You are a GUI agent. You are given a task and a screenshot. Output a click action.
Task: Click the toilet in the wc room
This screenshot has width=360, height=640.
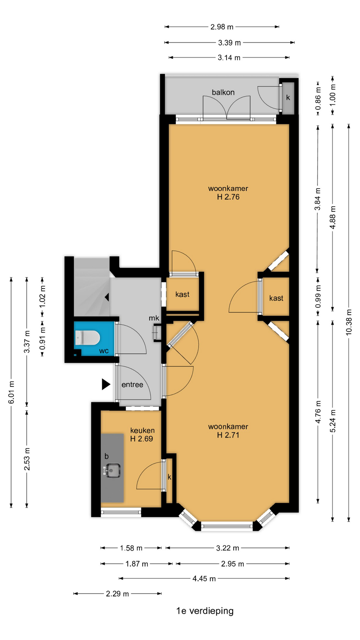[x=87, y=338]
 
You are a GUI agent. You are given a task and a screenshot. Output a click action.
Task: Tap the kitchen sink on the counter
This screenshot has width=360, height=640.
[x=112, y=471]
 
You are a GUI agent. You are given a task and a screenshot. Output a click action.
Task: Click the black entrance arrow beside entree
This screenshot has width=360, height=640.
[x=106, y=384]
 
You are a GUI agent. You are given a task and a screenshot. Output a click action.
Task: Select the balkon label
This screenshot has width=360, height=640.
[x=223, y=92]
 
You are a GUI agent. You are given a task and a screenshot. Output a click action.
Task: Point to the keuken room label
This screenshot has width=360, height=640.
[x=142, y=430]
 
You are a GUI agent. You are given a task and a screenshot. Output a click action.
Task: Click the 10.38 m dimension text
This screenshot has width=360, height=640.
[x=349, y=322]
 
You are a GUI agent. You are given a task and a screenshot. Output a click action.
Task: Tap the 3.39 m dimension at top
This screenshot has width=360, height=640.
[x=229, y=43]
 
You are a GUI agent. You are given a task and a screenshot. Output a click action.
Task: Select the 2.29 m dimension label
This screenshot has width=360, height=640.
[x=117, y=594]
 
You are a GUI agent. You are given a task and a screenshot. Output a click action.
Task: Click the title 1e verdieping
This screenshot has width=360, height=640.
[x=205, y=611]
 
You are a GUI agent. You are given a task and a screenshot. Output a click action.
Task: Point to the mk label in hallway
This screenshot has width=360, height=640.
[x=154, y=318]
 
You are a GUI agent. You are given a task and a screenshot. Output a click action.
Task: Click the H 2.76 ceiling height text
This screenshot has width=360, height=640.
[x=228, y=197]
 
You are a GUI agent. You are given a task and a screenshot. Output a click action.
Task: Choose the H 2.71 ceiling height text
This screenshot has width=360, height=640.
[x=228, y=435]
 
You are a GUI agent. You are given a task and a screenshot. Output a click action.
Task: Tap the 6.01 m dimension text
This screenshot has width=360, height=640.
[x=11, y=392]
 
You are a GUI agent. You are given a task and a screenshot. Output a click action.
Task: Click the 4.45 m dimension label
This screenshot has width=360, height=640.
[x=204, y=579]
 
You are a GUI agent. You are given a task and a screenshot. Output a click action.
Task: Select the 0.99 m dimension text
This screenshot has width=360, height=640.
[x=318, y=296]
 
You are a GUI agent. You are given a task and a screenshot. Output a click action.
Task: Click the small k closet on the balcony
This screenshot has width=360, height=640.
[x=288, y=97]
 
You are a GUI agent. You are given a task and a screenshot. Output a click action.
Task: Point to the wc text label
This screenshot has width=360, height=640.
[x=104, y=351]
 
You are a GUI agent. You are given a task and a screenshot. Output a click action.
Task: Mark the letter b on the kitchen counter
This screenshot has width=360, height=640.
[x=107, y=456]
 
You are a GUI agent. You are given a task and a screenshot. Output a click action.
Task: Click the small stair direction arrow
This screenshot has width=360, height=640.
[x=107, y=297]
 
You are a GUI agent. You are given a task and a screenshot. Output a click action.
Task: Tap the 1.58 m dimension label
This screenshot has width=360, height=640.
[x=131, y=548]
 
